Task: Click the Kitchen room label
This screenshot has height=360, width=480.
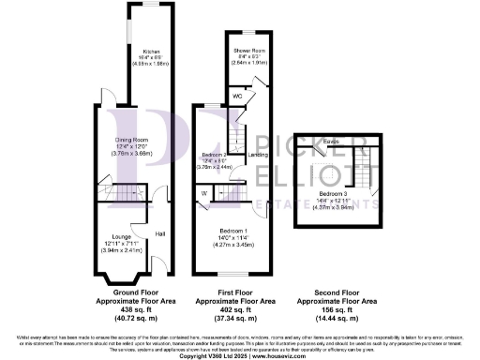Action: (x=148, y=52)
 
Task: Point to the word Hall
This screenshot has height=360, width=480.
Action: (x=160, y=232)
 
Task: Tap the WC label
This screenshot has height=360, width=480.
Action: (x=238, y=96)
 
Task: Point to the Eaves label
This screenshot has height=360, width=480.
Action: (x=330, y=142)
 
